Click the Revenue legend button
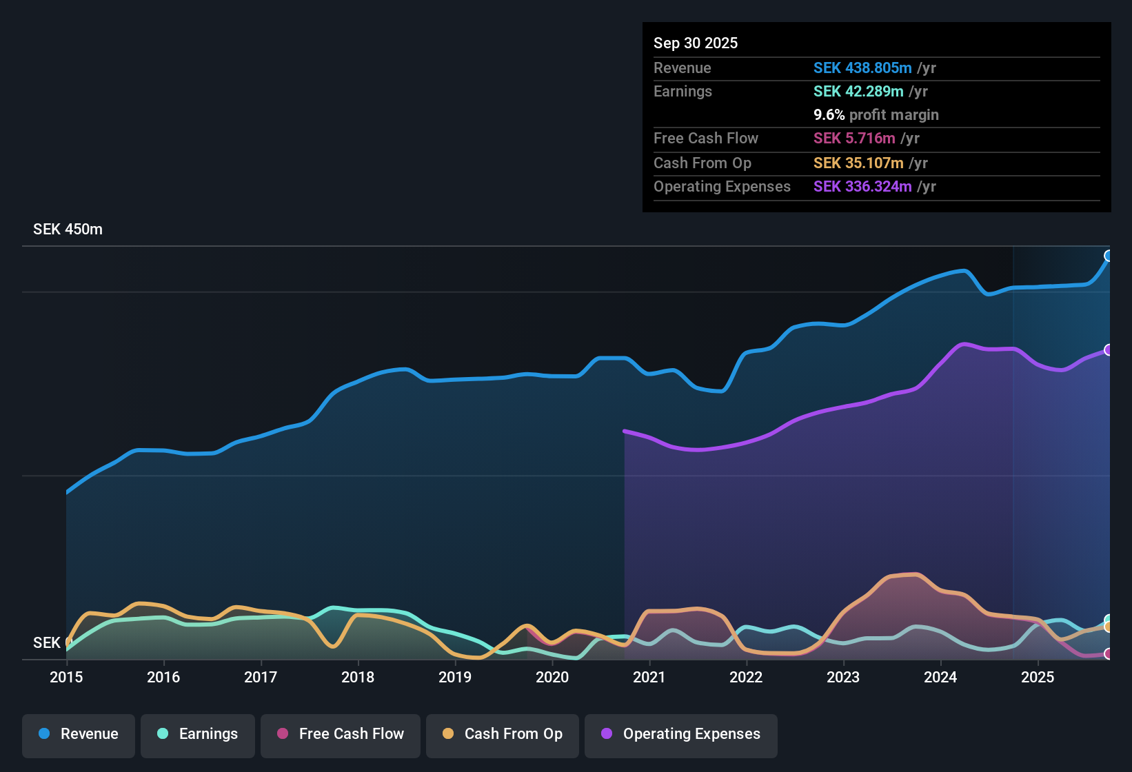(x=79, y=735)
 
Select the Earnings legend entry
(x=198, y=735)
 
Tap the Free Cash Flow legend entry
(x=341, y=735)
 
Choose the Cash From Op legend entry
(x=503, y=735)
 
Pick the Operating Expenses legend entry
(x=681, y=735)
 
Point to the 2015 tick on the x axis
(x=66, y=678)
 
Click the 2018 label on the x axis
(x=358, y=678)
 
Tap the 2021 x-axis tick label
(x=649, y=678)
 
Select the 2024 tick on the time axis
(x=940, y=678)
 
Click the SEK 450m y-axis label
(x=68, y=230)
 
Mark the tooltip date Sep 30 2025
(x=696, y=43)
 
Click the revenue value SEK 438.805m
(x=862, y=68)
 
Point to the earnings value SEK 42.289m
(x=858, y=92)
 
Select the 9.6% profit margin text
(x=876, y=115)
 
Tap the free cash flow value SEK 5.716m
(x=854, y=139)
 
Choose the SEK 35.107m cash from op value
(x=858, y=163)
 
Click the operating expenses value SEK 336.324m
(x=862, y=187)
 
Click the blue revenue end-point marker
(x=1109, y=256)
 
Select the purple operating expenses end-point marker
(x=1109, y=350)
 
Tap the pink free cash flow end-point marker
(x=1109, y=653)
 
